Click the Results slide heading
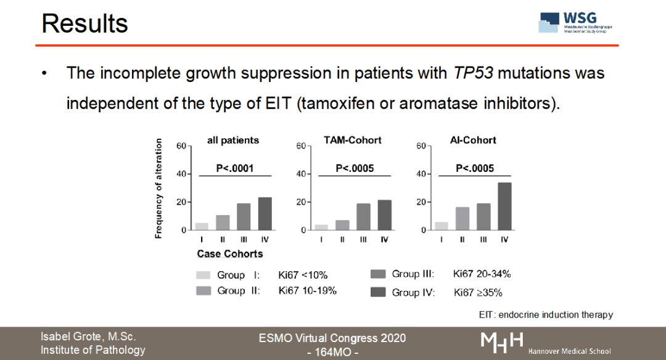pos(85,23)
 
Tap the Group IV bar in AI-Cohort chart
pos(504,206)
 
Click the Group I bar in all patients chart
pos(202,226)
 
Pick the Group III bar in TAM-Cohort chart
pos(364,216)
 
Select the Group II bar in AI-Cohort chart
pos(462,218)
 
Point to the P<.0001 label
pos(234,168)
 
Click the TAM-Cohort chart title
pos(352,140)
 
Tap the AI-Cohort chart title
pos(473,140)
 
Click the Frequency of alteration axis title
pos(158,188)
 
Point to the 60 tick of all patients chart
pos(181,145)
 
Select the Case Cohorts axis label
pos(229,254)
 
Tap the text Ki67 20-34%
pos(482,274)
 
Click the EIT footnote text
pos(546,315)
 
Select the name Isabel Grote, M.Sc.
pos(88,337)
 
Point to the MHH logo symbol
pos(502,342)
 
